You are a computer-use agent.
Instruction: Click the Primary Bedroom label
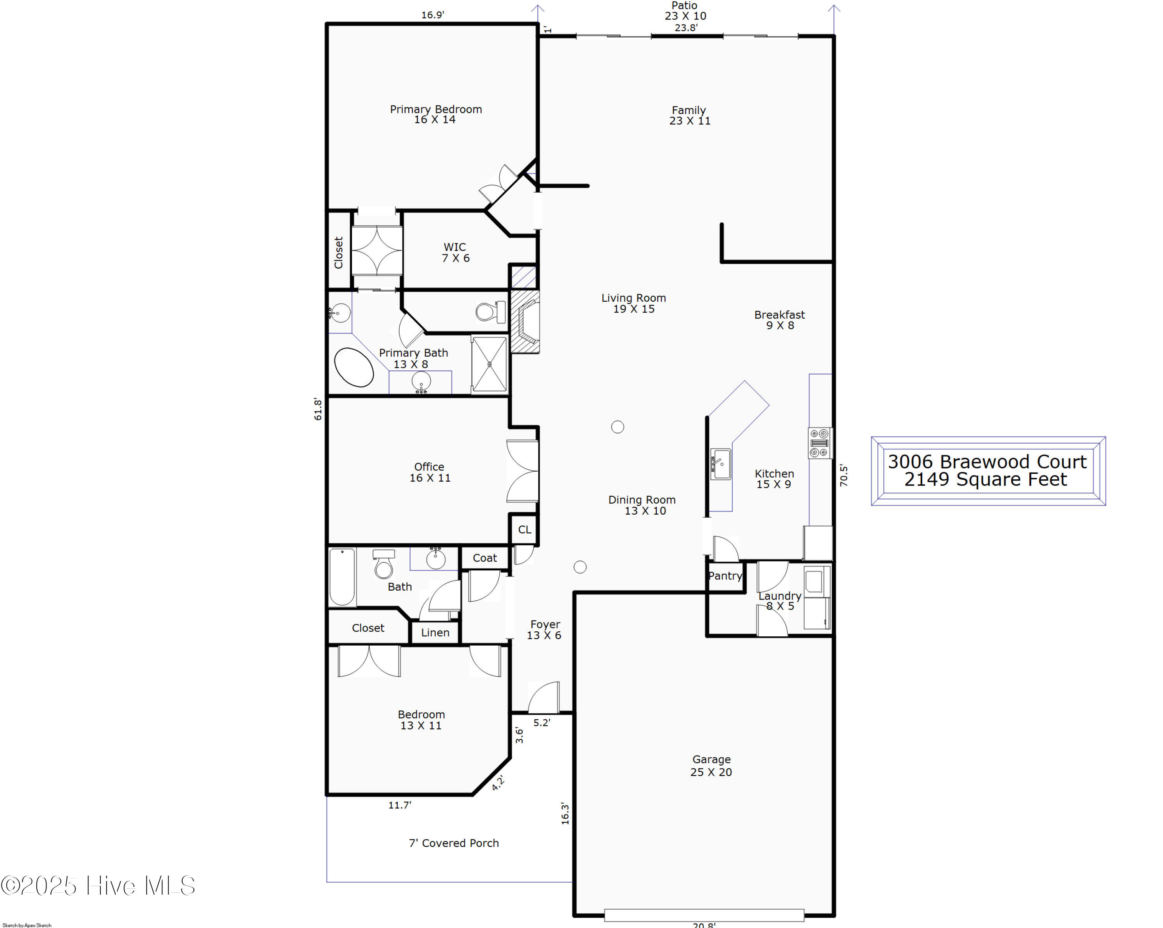[436, 114]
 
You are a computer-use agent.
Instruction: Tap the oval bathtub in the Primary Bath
[354, 367]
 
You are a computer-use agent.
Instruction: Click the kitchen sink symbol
[721, 464]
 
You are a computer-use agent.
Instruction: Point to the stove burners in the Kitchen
[820, 443]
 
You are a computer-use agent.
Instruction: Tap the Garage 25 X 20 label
[711, 766]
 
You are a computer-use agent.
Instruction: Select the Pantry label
[725, 575]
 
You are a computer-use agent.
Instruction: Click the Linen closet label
[435, 632]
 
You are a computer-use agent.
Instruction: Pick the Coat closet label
[485, 558]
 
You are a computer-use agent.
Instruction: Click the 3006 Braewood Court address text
[987, 462]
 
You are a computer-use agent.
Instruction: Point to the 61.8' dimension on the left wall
[318, 409]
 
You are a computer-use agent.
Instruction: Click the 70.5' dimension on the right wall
[844, 475]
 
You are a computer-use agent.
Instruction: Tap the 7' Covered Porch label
[454, 843]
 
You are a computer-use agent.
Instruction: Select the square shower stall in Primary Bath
[489, 364]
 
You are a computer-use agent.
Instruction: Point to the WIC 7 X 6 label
[455, 252]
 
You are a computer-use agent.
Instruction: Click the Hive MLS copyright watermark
[98, 885]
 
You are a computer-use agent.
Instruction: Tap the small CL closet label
[525, 529]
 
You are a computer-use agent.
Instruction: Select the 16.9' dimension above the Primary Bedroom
[433, 15]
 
